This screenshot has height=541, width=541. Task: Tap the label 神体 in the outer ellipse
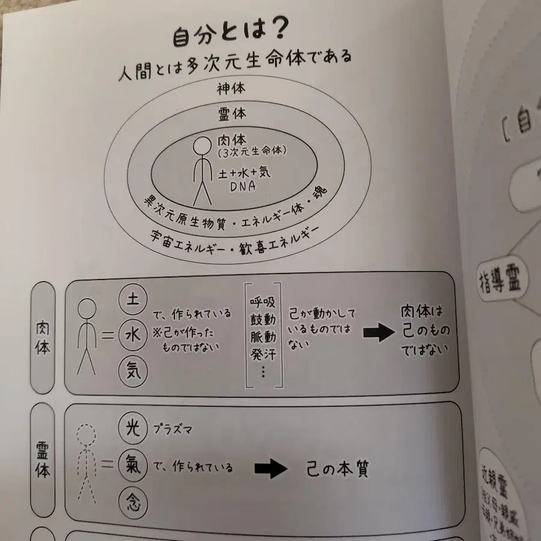[232, 88]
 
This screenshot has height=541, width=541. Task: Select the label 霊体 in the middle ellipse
[232, 114]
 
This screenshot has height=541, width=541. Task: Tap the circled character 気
[132, 368]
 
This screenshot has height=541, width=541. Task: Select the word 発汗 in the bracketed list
[263, 353]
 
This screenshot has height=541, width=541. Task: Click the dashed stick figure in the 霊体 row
[86, 465]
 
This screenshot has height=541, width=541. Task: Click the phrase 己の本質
[340, 468]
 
